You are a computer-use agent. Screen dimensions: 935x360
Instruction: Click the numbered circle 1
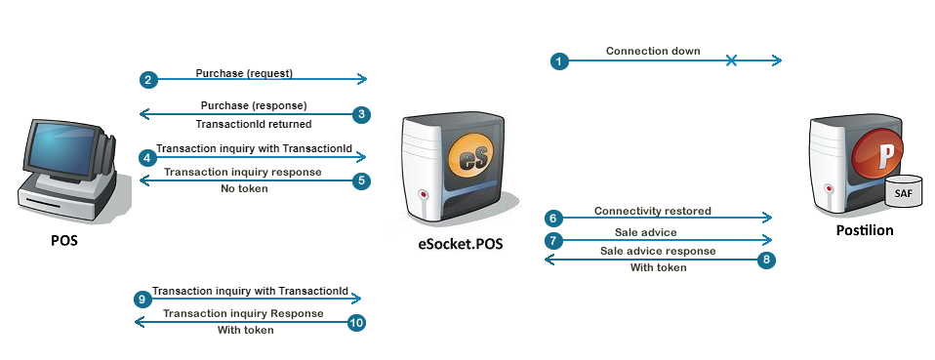[559, 60]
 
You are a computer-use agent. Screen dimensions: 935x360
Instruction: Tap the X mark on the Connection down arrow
[731, 60]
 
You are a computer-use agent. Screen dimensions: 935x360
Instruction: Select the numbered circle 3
[361, 114]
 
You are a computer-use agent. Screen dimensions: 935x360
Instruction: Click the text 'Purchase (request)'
[244, 73]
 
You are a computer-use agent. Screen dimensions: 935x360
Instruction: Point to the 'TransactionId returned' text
[254, 124]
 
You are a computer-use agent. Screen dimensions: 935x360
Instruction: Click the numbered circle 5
[361, 181]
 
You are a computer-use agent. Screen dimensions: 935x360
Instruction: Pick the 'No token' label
[244, 188]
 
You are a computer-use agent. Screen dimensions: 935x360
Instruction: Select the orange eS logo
[473, 157]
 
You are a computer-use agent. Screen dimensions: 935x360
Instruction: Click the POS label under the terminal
[63, 241]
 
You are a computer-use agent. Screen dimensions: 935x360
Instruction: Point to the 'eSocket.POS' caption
[461, 243]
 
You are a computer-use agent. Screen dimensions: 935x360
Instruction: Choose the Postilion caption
[865, 230]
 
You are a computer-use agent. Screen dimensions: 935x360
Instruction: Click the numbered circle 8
[767, 260]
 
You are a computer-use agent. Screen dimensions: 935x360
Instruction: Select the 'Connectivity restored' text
[653, 211]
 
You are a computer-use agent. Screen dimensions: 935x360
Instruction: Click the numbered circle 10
[356, 323]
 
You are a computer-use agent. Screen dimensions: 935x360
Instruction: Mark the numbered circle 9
[142, 299]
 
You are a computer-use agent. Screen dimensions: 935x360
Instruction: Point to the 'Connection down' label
[653, 52]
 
